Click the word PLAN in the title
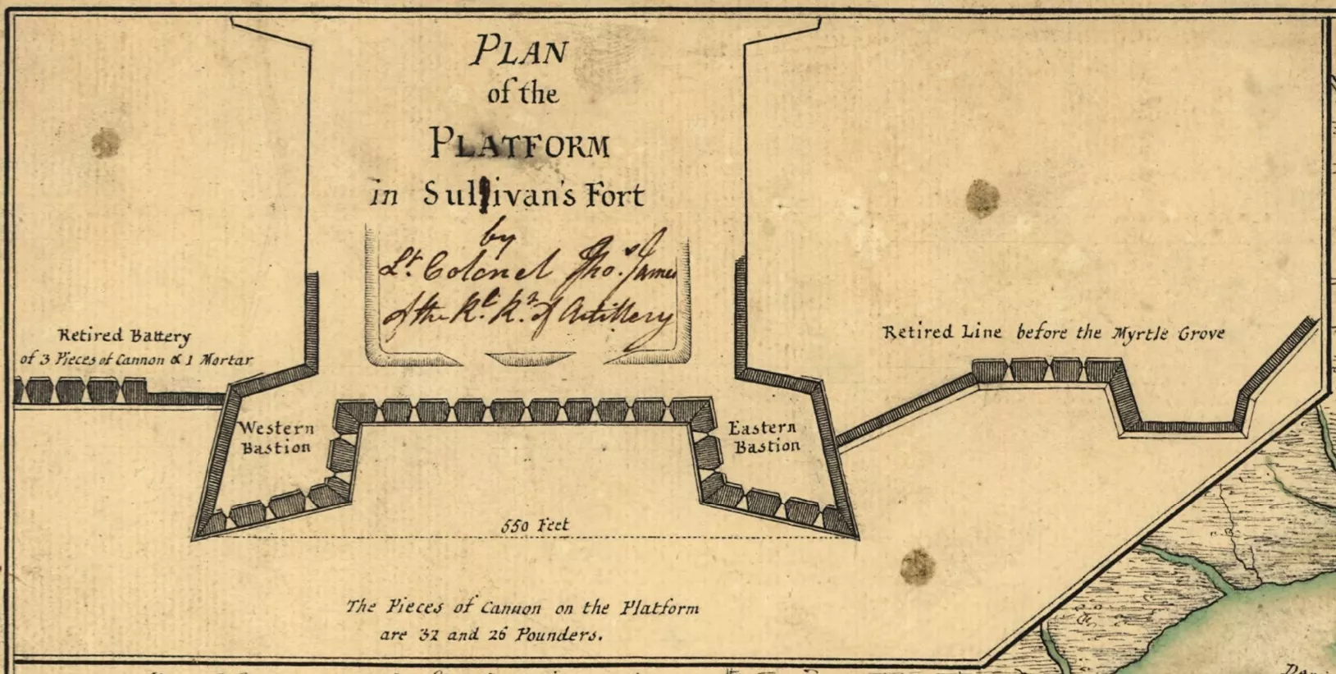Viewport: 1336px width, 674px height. [519, 52]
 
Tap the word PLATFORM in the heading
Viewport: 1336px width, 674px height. [521, 144]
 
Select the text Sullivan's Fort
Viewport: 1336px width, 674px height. [534, 195]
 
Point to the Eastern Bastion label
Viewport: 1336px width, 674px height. [763, 437]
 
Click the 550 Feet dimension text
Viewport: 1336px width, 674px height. [535, 525]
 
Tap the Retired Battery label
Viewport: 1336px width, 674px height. [125, 335]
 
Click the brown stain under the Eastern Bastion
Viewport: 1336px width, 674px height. [917, 566]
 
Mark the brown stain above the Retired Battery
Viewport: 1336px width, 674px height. [105, 143]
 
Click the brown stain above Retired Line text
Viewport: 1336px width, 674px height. [982, 199]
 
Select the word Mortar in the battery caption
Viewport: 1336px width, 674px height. [226, 360]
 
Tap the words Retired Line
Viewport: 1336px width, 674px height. [942, 332]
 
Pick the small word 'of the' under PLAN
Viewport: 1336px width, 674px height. [522, 94]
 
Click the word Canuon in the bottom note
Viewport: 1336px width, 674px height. [510, 608]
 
